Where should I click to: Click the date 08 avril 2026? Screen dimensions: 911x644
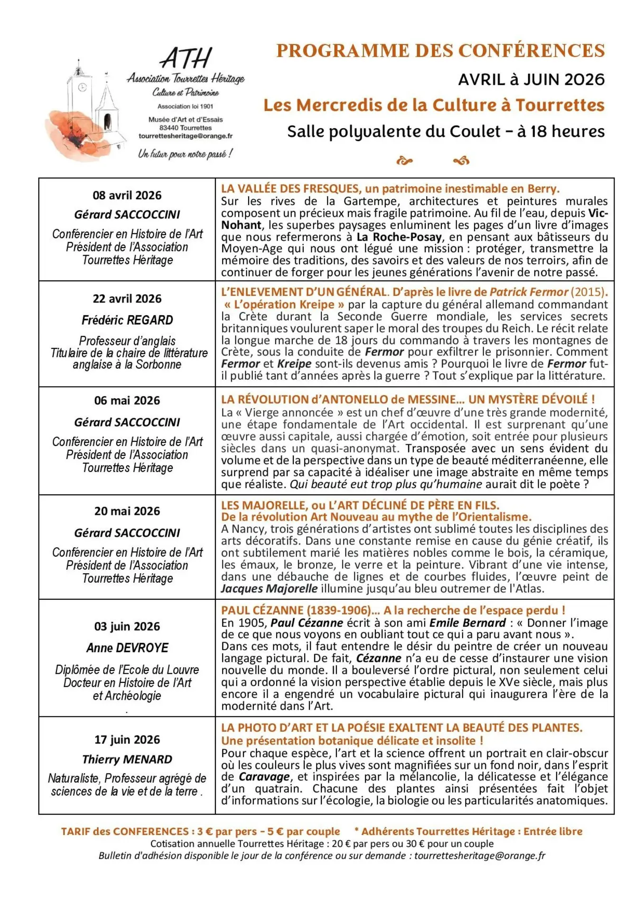click(x=127, y=195)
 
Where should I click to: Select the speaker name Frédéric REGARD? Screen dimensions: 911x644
click(x=127, y=320)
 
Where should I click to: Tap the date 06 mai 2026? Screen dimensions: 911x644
click(x=127, y=400)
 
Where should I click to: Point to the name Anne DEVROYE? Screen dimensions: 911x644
click(x=127, y=648)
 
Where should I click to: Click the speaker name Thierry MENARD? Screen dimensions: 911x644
click(x=127, y=760)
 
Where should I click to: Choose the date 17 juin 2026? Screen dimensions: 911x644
click(x=127, y=740)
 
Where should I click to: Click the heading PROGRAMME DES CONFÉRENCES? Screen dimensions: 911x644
click(x=440, y=51)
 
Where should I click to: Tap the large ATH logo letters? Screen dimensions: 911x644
click(x=186, y=58)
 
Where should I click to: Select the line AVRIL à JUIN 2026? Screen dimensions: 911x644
click(x=531, y=80)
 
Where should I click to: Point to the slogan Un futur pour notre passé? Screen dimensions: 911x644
click(x=185, y=154)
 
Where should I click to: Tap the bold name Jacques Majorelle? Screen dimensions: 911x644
click(x=269, y=589)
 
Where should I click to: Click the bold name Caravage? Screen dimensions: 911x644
click(x=264, y=777)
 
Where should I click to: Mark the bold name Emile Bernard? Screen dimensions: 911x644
click(x=467, y=623)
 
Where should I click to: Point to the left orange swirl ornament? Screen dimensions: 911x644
click(x=404, y=161)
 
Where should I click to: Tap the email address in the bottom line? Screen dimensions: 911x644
click(x=479, y=855)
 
